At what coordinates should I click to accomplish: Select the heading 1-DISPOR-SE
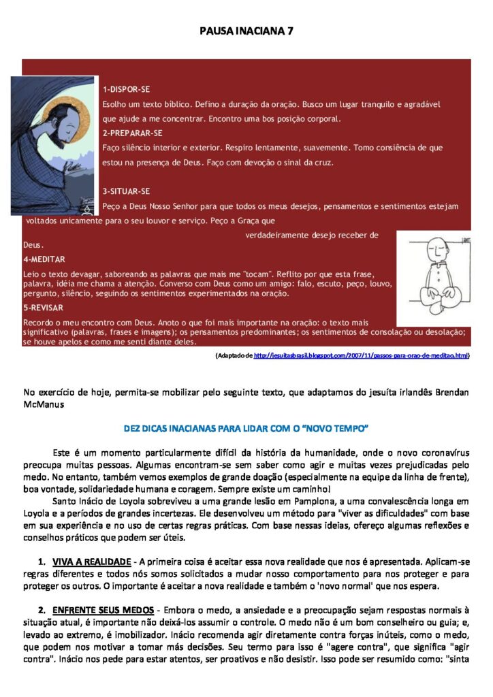[126, 89]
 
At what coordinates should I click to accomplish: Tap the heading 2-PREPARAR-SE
[132, 132]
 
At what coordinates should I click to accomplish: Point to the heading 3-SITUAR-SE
[126, 191]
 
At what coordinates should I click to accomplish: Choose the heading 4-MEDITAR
[44, 259]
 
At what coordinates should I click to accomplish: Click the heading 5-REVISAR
[44, 308]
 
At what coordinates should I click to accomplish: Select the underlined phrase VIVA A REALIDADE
[91, 562]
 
